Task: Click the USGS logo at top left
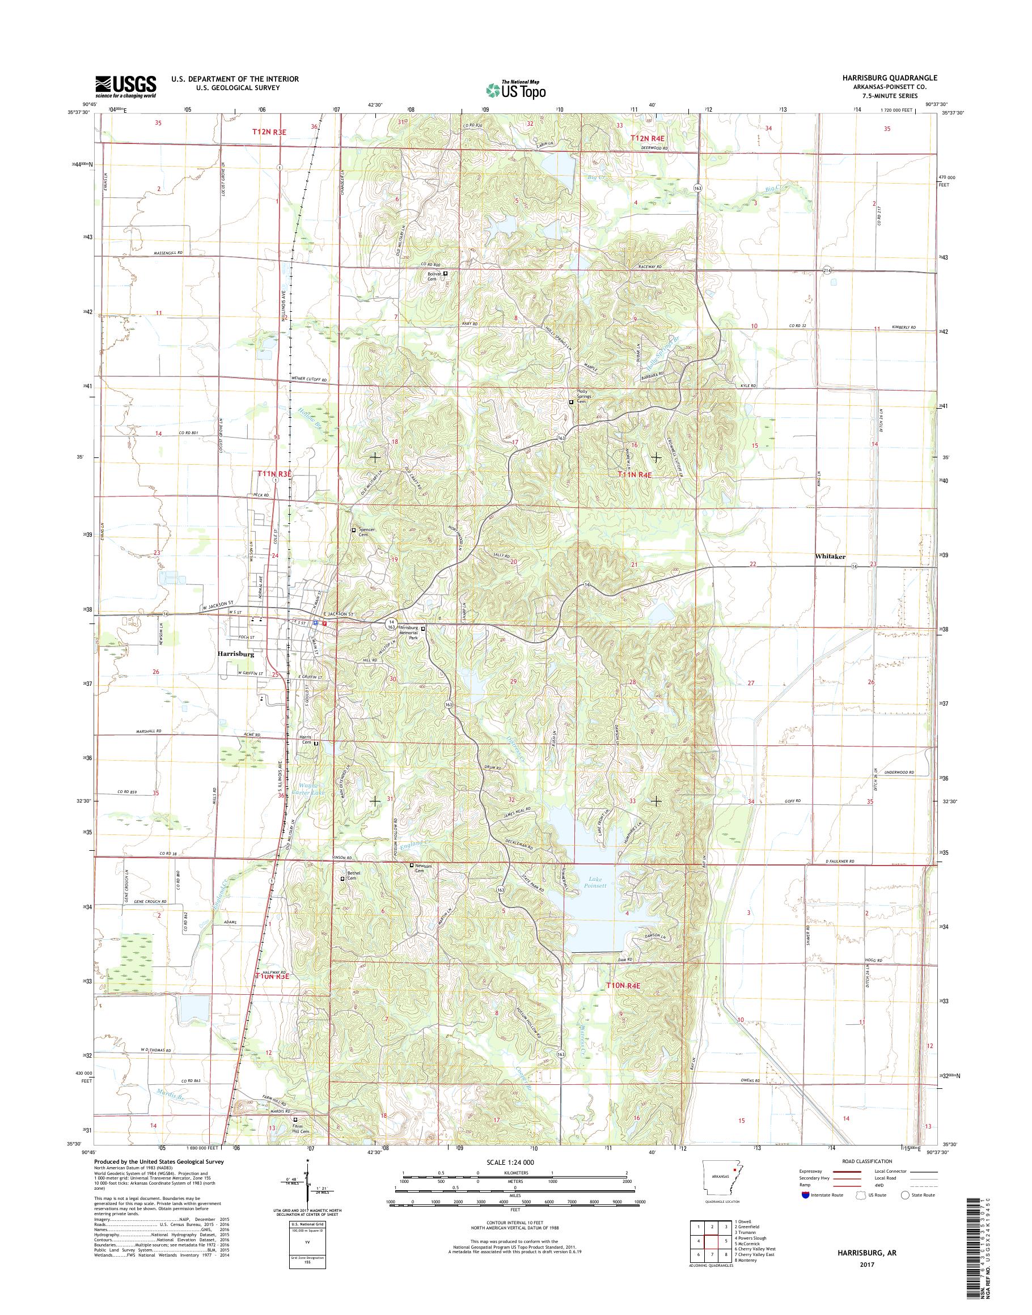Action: pyautogui.click(x=125, y=87)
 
